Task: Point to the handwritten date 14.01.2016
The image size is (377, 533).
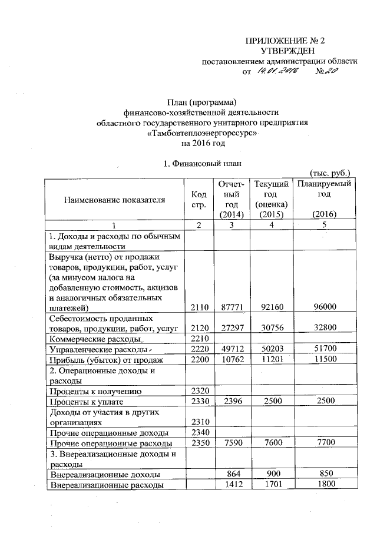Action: tap(276, 71)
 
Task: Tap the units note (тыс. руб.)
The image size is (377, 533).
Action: tap(330, 173)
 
